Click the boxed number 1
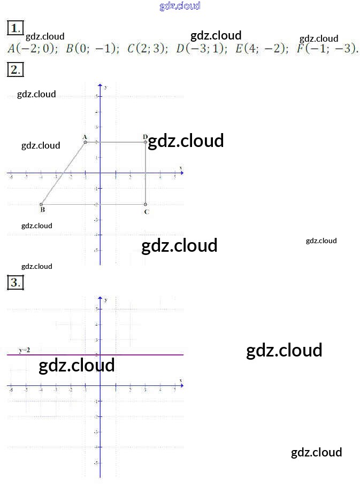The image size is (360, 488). coord(16,28)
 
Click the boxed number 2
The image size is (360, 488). coord(16,69)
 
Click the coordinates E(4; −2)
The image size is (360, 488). coord(262,49)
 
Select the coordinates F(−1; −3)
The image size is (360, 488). coord(327,49)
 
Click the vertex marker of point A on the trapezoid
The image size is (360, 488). coord(85,142)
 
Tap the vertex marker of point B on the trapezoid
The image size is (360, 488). coord(41,204)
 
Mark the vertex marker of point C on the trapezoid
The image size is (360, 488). coord(145,204)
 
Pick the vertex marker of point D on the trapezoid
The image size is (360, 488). coord(145,142)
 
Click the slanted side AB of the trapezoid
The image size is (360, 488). coord(63,173)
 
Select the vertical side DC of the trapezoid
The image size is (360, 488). coord(145,173)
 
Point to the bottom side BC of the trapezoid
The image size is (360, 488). coord(94,204)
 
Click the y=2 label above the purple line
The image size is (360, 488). coord(25,350)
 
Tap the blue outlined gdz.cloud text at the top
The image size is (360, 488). coord(180,6)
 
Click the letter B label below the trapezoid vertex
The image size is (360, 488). coord(42,210)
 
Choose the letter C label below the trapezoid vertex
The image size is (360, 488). coord(147,212)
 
